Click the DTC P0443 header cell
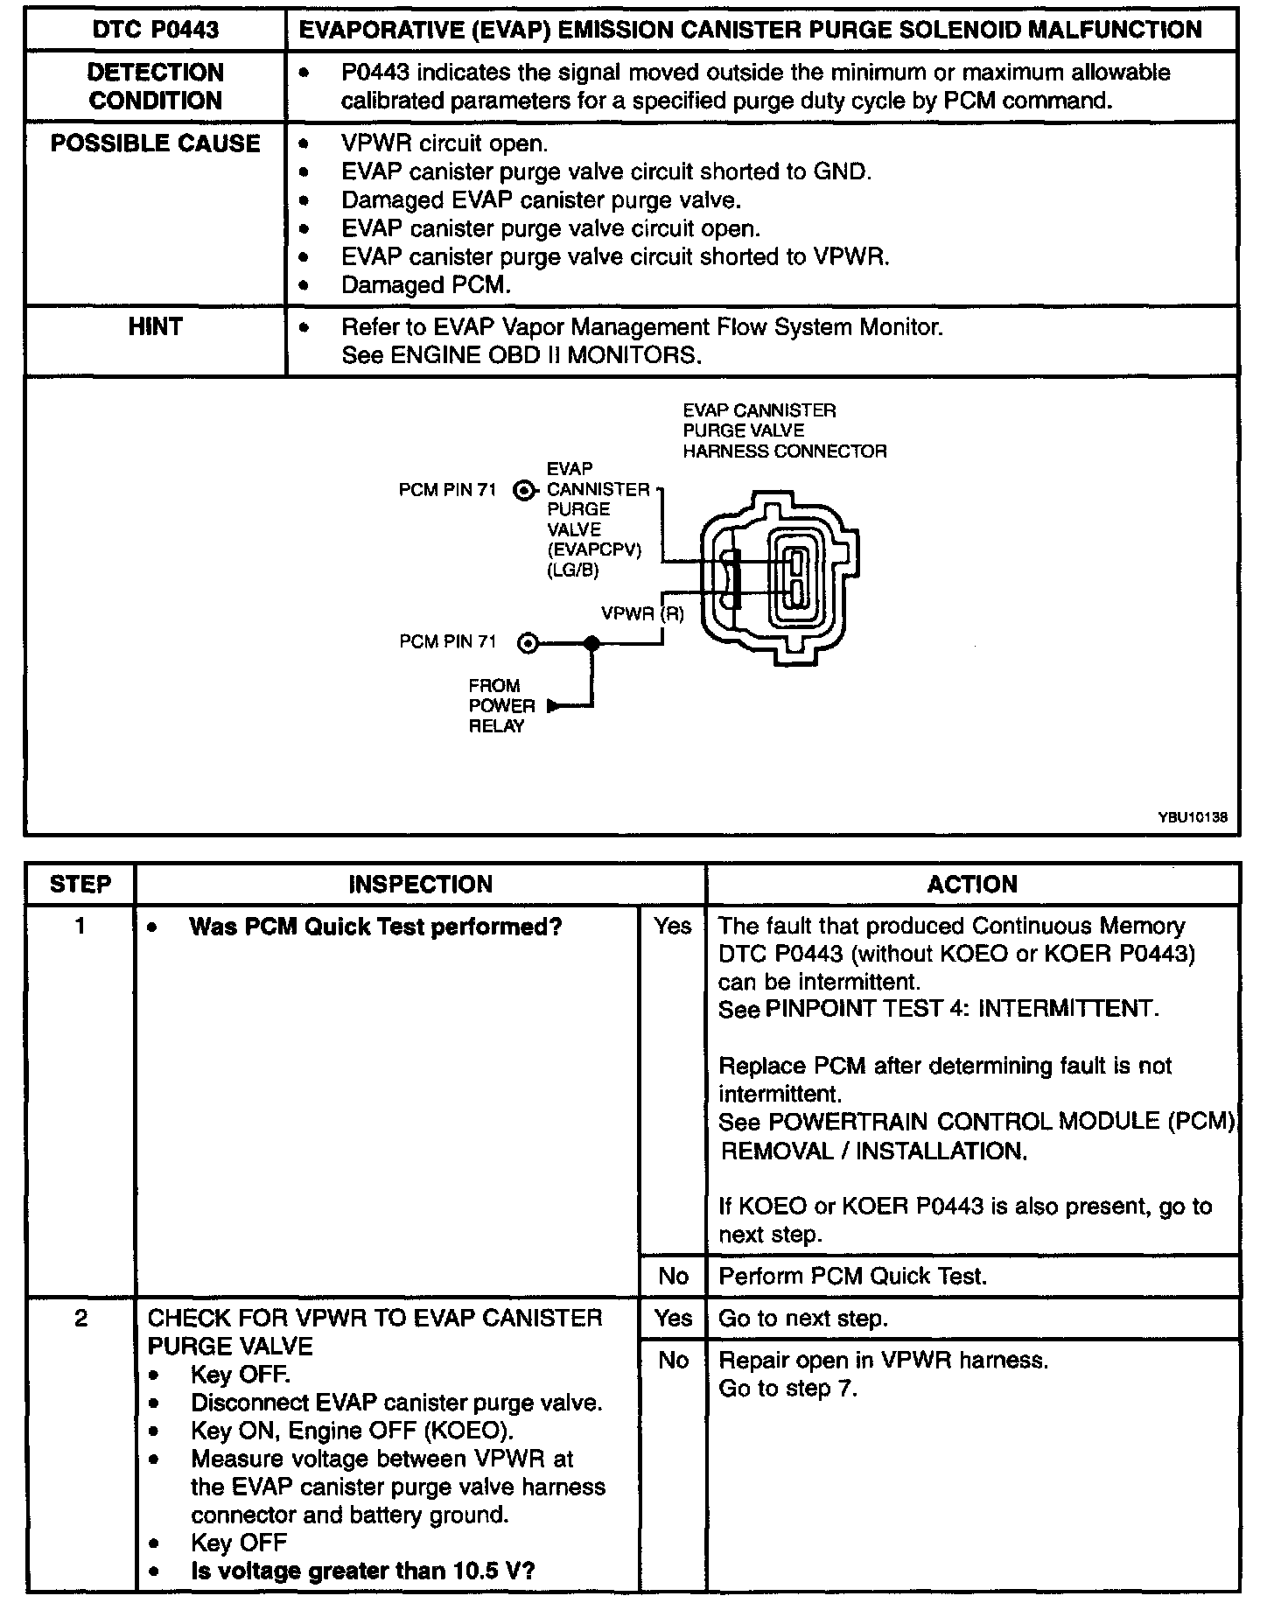click(156, 30)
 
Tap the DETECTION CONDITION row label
click(156, 86)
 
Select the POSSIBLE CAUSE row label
click(156, 143)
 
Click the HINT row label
click(156, 327)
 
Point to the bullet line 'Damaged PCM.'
click(425, 285)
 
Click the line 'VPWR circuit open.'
click(444, 143)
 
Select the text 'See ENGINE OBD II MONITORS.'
click(521, 355)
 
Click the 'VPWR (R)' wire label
click(642, 613)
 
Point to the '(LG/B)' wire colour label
click(573, 570)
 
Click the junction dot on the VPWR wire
click(592, 644)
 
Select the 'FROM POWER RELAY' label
click(501, 705)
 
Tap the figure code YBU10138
click(1192, 817)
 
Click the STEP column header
click(80, 884)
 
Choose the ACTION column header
click(972, 884)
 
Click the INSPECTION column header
click(420, 884)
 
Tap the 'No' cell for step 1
click(673, 1276)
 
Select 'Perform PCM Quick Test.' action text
click(852, 1276)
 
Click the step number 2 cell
click(80, 1318)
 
